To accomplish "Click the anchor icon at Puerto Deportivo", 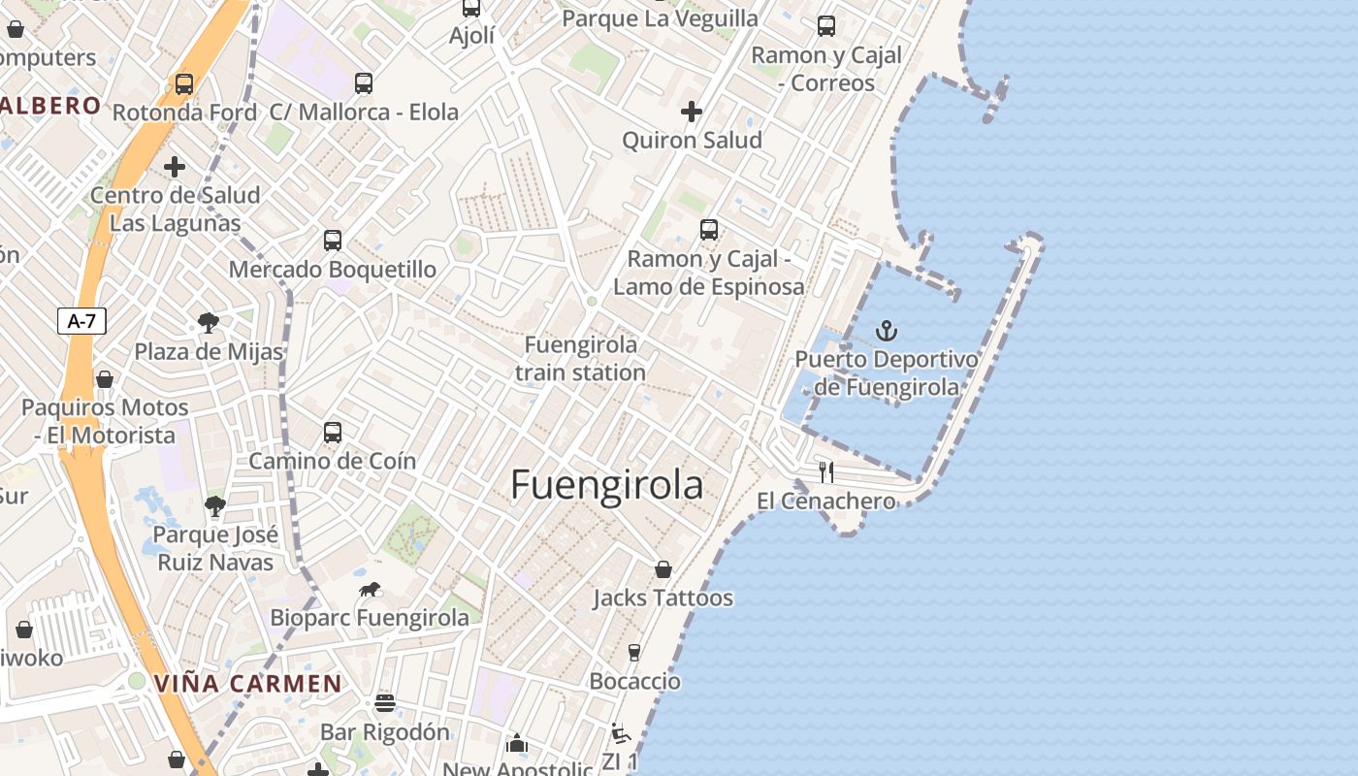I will [x=887, y=332].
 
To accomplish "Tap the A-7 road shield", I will [x=81, y=321].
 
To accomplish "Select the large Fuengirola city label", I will [x=606, y=484].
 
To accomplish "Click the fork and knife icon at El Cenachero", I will [x=826, y=472].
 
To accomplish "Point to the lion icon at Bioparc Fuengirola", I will [x=370, y=590].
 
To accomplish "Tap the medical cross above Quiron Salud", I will [x=692, y=113].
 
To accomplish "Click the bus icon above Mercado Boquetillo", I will [x=333, y=240].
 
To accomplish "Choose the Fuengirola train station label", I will [x=581, y=359].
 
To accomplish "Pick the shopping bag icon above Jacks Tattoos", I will [x=663, y=569].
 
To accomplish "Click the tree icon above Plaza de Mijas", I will [x=209, y=323].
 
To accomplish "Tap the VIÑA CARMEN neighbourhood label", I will [x=248, y=683].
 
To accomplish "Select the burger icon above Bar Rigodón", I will [x=385, y=703].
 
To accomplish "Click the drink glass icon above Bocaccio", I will [x=634, y=653].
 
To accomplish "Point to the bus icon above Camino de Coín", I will [x=333, y=432].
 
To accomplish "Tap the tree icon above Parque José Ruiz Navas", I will [x=215, y=505].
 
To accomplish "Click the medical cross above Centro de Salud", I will [x=175, y=167].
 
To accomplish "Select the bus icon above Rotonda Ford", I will [x=184, y=84].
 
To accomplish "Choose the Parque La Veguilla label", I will [x=660, y=17].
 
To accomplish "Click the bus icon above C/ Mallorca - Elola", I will [x=364, y=83].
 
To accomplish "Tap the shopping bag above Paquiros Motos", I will [x=105, y=379].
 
